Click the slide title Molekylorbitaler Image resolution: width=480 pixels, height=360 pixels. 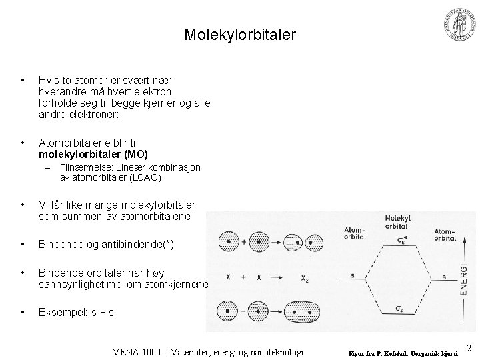[x=240, y=35]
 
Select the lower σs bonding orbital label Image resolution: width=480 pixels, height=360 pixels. [x=398, y=309]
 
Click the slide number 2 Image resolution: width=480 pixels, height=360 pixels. [x=469, y=347]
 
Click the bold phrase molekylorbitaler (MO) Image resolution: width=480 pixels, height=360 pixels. [x=89, y=155]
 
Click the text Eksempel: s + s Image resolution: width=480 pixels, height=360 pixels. [x=76, y=311]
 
